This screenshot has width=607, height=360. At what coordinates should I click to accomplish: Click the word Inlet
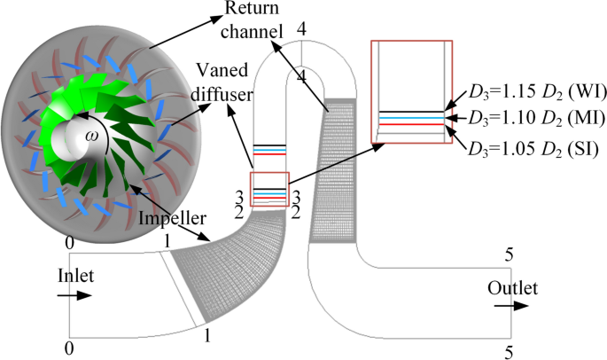coord(75,276)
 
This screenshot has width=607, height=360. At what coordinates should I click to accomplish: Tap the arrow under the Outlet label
coord(508,306)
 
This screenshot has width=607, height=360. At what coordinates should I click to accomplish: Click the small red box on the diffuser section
coord(269,189)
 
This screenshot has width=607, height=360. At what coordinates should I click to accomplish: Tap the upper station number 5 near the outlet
coord(509,256)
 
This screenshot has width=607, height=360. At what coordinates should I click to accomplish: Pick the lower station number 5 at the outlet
coord(509,352)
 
